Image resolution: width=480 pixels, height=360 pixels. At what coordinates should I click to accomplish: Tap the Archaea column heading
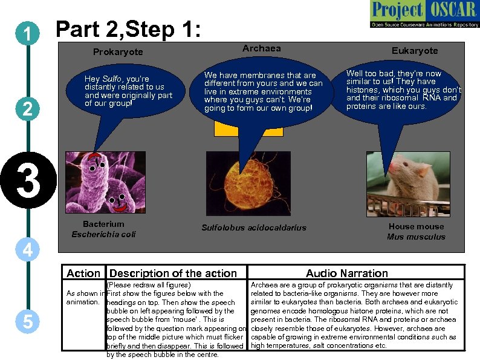(x=261, y=48)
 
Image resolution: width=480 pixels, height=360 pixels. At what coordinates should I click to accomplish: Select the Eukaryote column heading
(x=414, y=51)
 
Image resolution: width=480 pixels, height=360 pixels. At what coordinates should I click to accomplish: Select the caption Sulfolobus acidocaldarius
(x=253, y=228)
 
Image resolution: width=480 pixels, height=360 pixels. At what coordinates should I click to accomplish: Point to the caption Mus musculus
(x=415, y=237)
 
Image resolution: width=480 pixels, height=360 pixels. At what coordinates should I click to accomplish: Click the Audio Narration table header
(x=346, y=273)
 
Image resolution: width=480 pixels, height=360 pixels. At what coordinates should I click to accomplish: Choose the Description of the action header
(x=173, y=273)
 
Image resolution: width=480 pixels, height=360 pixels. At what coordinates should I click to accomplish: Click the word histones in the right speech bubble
(x=362, y=90)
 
